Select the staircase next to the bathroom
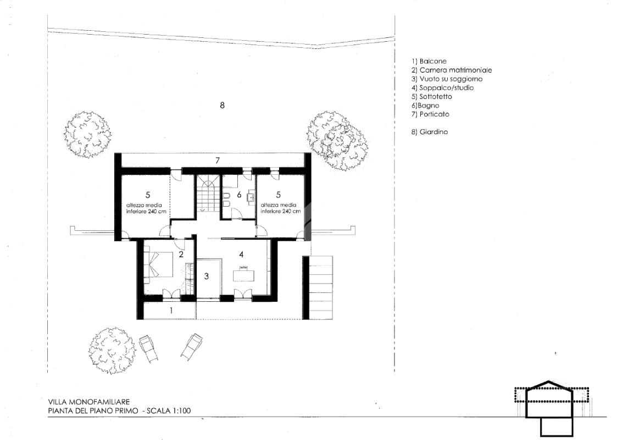click(x=208, y=194)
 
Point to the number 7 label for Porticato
click(x=217, y=160)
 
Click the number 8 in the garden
click(x=222, y=105)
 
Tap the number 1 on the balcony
click(x=171, y=311)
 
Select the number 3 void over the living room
click(x=206, y=276)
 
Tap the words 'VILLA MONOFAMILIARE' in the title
click(x=89, y=402)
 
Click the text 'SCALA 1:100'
click(x=169, y=411)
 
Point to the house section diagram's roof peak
click(x=549, y=381)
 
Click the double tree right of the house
click(x=337, y=140)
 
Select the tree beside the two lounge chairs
click(x=110, y=350)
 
